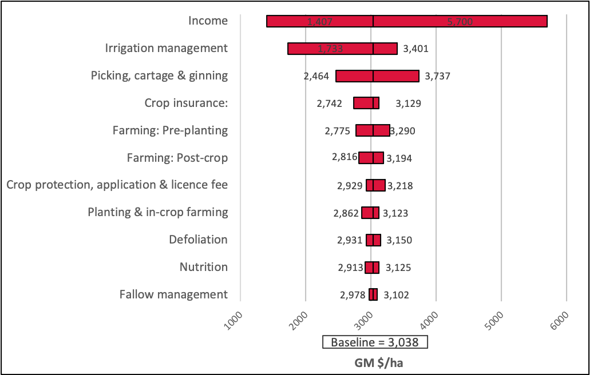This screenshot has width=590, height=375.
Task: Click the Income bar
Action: [x=406, y=21]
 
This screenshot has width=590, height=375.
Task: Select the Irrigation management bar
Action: [x=342, y=49]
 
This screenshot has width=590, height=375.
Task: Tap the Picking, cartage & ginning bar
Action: [x=377, y=76]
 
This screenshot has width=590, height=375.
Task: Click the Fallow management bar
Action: [x=373, y=294]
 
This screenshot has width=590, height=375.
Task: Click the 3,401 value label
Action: [x=415, y=49]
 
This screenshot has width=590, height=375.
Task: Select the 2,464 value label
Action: [x=317, y=76]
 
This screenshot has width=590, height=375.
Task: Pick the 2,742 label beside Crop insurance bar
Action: [x=329, y=103]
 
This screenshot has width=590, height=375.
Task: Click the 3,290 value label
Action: [x=402, y=131]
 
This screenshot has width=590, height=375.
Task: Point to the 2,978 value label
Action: [x=353, y=295]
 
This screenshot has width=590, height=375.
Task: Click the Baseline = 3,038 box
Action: [x=375, y=342]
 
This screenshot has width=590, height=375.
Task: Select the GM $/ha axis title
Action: [x=375, y=362]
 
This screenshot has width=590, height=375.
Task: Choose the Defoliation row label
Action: [x=198, y=240]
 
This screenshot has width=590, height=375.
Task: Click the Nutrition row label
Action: [x=203, y=267]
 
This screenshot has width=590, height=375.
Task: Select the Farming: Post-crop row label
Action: [x=177, y=158]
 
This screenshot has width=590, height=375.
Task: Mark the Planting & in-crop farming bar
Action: [x=370, y=213]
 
